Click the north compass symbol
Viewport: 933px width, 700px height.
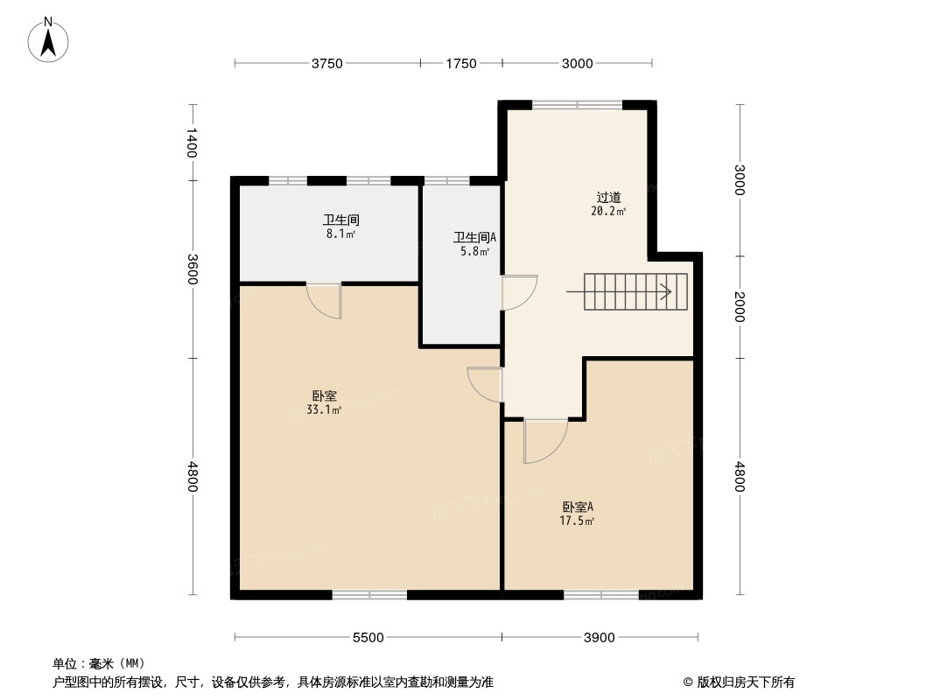[x=49, y=39]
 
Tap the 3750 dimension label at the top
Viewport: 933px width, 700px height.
[x=327, y=63]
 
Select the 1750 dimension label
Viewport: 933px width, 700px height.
[x=461, y=63]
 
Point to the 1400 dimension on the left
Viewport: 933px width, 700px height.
[x=192, y=143]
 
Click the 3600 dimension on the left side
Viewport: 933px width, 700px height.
[x=192, y=269]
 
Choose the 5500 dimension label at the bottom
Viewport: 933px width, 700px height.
[x=368, y=637]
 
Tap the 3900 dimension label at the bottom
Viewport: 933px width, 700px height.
[x=600, y=637]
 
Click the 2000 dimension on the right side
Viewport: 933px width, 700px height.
[x=740, y=307]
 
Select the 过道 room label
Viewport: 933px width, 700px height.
[x=608, y=198]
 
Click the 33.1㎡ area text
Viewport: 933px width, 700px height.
[x=323, y=409]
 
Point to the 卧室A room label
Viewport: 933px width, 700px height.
[x=578, y=507]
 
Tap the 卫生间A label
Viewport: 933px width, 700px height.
[x=474, y=237]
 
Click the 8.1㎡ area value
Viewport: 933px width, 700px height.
[x=340, y=234]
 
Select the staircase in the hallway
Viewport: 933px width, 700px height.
[x=635, y=291]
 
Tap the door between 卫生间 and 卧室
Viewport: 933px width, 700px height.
[x=325, y=299]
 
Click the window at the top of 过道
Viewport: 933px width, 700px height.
[x=578, y=105]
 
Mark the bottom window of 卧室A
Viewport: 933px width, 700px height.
[x=601, y=595]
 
